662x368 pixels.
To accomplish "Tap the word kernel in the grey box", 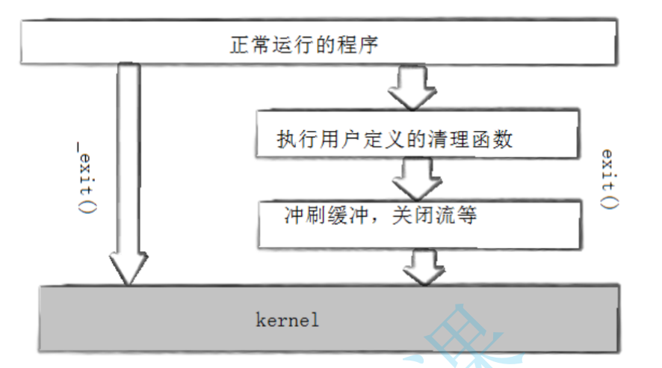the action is [288, 320].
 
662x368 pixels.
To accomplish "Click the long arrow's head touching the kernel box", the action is [126, 267].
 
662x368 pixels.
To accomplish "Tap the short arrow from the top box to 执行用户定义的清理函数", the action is [412, 88].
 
